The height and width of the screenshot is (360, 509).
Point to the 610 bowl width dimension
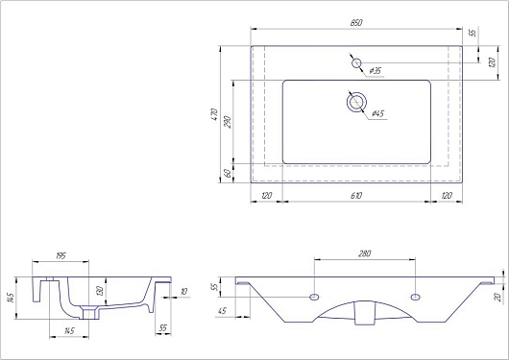point(355,195)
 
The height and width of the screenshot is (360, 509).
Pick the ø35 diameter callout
point(375,71)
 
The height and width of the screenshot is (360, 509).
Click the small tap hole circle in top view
point(356,64)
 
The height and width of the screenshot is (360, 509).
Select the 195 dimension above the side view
point(60,256)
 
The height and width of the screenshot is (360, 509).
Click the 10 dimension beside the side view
point(183,291)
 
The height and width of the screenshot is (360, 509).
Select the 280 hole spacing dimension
point(364,254)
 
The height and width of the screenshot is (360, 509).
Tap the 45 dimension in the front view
point(223,310)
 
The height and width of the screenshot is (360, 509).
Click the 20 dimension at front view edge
point(498,298)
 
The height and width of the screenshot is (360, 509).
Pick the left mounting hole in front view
point(313,297)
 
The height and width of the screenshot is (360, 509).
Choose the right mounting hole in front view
point(416,297)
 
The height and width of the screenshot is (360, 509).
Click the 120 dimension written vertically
point(491,62)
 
